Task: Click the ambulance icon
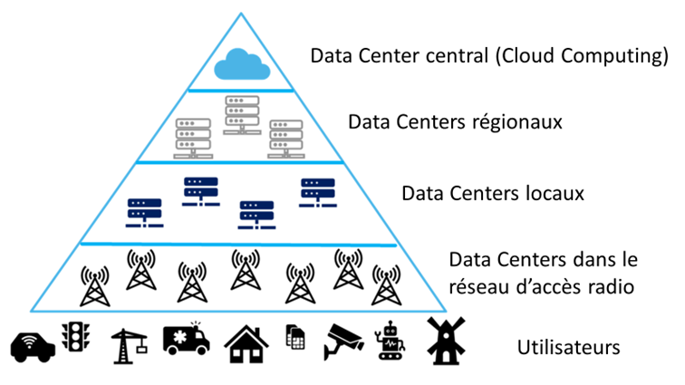click(186, 340)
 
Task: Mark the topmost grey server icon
click(242, 112)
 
